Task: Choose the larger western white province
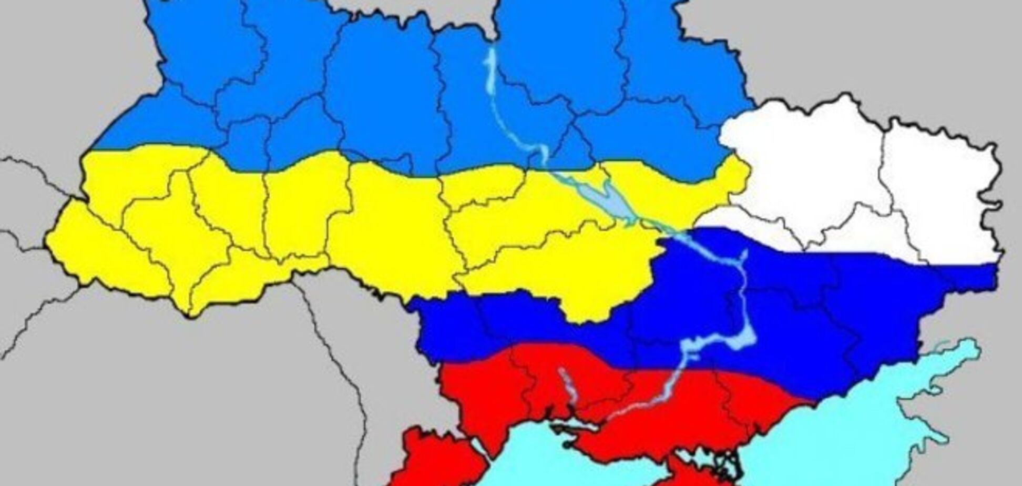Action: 804,158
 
